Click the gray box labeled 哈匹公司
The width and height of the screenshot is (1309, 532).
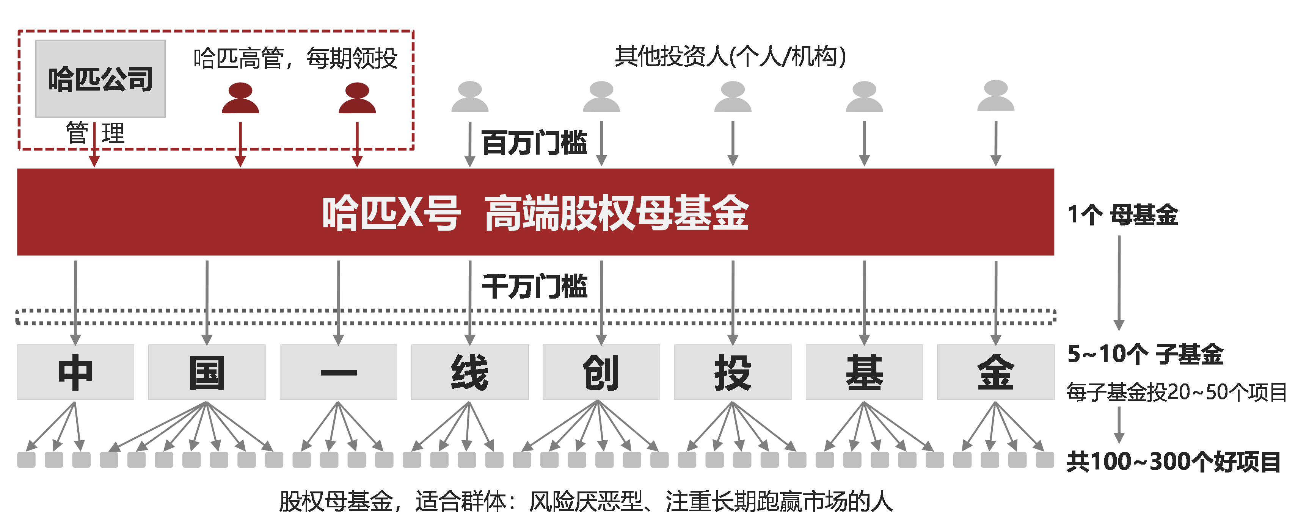(x=100, y=79)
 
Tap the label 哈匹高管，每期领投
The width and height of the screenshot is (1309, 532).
(x=295, y=58)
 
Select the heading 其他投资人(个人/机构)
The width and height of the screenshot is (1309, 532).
(x=730, y=56)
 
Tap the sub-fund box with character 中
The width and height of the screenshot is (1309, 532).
(x=75, y=372)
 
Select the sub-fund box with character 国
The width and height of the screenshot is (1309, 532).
(x=207, y=372)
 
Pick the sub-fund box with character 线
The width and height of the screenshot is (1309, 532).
(x=469, y=372)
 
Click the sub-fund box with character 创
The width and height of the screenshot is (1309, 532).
(x=601, y=372)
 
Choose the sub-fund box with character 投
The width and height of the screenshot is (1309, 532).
(x=732, y=372)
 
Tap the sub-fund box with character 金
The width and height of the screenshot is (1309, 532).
(x=995, y=372)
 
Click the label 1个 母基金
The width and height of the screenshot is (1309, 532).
(x=1122, y=214)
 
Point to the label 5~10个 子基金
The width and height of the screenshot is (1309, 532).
(x=1145, y=354)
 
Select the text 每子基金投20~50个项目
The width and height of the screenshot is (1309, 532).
(x=1176, y=392)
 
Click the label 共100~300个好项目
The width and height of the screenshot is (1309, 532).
(x=1173, y=462)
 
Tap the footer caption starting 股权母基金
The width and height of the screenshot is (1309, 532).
(x=585, y=502)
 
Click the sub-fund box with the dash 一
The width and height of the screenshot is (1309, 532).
(x=338, y=372)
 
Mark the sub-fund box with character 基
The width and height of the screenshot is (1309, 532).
(x=864, y=372)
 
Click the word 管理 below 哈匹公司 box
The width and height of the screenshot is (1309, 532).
(x=95, y=133)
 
